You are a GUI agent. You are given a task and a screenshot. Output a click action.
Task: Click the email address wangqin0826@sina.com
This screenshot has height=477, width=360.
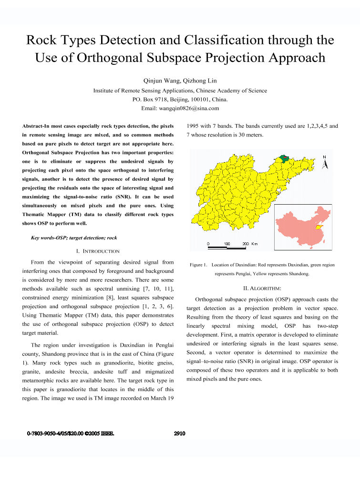(180, 108)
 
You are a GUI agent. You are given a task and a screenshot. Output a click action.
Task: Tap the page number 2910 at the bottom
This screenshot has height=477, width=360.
(180, 434)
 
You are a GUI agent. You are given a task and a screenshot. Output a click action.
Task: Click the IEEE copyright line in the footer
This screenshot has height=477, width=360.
(71, 434)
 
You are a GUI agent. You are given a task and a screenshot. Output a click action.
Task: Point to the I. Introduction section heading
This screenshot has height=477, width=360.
(98, 251)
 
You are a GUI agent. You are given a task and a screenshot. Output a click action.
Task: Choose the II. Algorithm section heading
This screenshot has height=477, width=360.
(262, 288)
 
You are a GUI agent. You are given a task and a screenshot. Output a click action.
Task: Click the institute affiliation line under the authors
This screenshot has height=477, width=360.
(180, 90)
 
